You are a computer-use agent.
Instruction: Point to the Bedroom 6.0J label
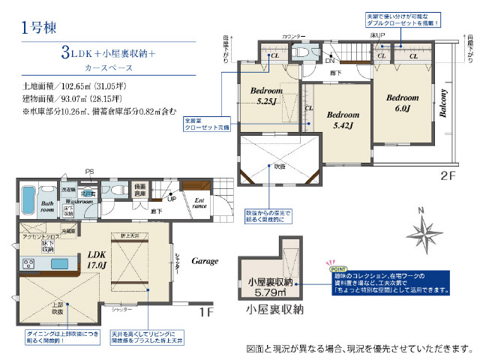pos(402,103)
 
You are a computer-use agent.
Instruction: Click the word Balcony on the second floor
pos(442,106)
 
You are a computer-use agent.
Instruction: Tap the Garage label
pos(204,261)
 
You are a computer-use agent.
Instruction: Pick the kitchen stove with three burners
pos(28,264)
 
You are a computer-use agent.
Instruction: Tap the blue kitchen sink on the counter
pos(59,264)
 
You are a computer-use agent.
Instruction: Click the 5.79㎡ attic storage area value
pos(271,294)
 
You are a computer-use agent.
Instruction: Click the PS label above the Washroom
pos(89,172)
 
